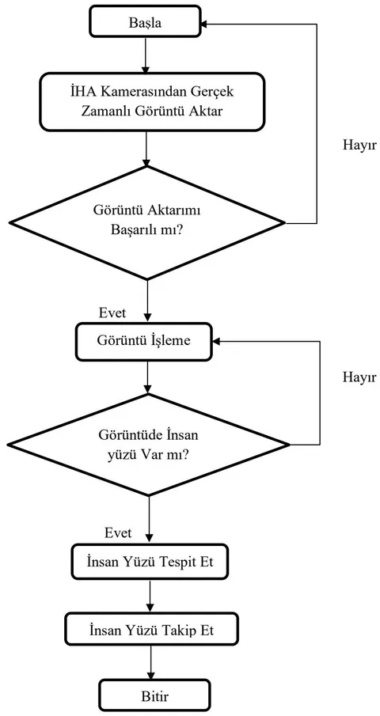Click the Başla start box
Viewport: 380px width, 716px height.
[x=145, y=21]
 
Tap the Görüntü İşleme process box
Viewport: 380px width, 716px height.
[x=143, y=341]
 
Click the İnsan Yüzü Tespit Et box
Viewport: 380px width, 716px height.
[x=150, y=561]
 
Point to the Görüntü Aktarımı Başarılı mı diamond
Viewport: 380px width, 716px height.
[x=147, y=222]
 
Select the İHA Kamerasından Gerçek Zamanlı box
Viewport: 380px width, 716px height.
[x=152, y=101]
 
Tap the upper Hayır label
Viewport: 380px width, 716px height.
[x=359, y=146]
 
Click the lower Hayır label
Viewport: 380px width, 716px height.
[x=359, y=377]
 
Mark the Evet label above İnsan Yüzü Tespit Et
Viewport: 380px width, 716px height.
[x=118, y=532]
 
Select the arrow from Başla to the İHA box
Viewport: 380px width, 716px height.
[x=145, y=55]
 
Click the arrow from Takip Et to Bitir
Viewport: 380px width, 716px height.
[x=151, y=664]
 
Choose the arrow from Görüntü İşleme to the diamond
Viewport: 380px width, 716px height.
[x=147, y=377]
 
